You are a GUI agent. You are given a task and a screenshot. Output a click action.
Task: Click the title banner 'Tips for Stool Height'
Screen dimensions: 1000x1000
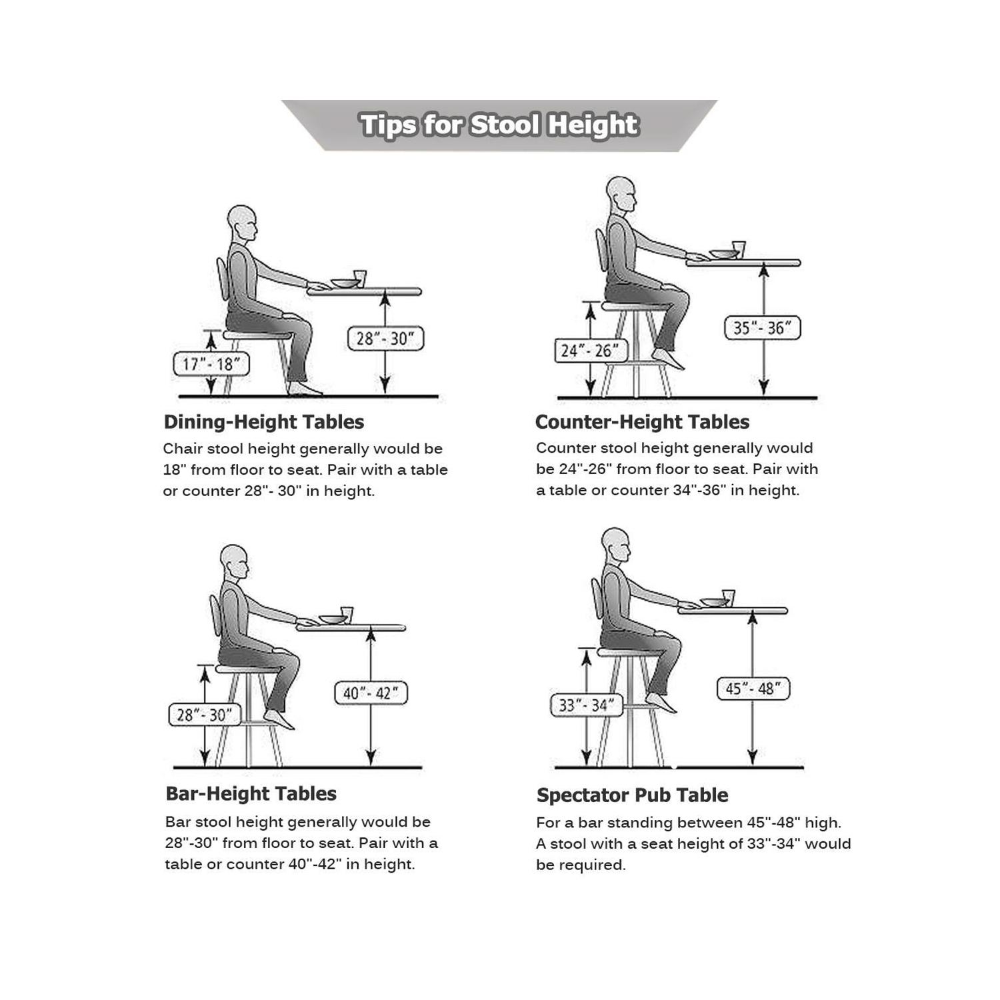coord(499,125)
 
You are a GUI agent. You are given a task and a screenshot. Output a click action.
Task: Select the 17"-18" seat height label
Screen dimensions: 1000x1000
coord(211,364)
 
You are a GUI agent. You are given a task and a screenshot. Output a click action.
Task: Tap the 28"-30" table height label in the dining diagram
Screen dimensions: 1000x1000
coord(385,339)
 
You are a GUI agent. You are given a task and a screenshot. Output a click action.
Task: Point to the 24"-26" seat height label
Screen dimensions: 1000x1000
coord(591,351)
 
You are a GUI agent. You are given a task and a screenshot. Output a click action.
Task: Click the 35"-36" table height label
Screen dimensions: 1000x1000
coord(762,328)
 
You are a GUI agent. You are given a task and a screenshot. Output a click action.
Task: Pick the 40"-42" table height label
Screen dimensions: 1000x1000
coord(371,693)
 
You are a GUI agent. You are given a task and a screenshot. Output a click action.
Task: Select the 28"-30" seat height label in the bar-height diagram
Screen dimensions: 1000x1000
coord(205,715)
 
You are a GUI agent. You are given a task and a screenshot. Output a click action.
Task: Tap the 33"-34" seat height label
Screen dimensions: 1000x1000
coord(586,705)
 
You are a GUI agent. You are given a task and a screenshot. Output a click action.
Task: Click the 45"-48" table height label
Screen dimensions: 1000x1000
coord(753,689)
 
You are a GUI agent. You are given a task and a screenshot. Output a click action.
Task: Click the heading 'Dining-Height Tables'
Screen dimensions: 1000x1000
coord(263,422)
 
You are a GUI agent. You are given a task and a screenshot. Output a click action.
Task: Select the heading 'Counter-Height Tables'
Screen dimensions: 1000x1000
coord(642,422)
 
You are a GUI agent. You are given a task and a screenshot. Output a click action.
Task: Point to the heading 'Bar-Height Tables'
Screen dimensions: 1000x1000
coord(251,793)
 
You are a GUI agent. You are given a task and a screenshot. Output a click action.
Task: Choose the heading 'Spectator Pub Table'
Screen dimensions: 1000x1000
coord(632,795)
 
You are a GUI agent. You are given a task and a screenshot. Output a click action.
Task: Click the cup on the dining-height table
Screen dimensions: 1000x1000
coord(360,278)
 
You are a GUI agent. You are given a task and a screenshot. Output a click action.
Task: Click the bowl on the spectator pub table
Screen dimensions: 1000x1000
coord(713,602)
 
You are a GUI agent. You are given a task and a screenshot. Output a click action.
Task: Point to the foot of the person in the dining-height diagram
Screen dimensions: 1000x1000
coord(305,389)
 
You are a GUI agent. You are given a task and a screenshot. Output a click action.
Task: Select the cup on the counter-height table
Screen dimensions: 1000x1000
coord(738,249)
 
